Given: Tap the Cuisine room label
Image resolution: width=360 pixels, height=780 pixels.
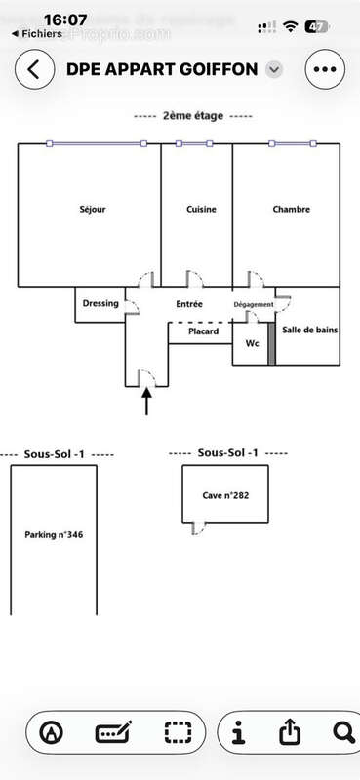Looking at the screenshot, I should point(201,210).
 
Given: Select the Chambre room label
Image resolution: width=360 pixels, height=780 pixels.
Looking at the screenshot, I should point(291,210).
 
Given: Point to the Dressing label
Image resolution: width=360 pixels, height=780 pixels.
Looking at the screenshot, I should point(100,303).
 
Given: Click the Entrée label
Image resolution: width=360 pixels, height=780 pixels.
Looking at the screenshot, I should point(189,304).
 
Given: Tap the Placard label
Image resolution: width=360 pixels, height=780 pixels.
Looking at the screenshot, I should point(203,331).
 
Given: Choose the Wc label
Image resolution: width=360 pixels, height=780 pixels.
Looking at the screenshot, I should point(252,343).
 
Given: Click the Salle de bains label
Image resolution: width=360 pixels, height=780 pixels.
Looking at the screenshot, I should point(310,331).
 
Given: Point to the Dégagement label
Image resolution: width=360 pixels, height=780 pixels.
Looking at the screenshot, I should point(254,305).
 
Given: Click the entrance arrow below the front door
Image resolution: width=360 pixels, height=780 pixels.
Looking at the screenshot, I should point(147,401).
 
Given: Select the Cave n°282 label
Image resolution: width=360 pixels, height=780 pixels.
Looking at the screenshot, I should point(226,495).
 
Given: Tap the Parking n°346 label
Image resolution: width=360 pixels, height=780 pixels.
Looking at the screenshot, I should point(53,534).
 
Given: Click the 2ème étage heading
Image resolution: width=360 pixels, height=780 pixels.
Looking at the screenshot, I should point(192,116).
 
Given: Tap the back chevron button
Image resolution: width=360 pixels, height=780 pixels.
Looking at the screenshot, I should point(34,70).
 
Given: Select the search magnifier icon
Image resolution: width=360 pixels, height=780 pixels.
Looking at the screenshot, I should point(342,732).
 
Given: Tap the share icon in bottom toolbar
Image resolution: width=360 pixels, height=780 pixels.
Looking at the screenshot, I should point(289,732).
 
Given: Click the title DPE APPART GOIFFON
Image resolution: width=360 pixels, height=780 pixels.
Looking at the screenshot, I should point(162,70).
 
